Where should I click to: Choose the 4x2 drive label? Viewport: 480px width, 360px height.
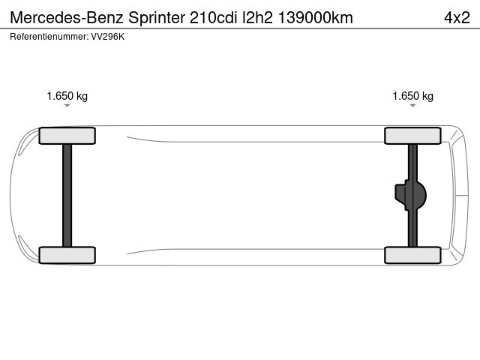coord(457,17)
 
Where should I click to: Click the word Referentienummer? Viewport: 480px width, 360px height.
coord(43,36)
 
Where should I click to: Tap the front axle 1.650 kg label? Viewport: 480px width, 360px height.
coord(67,96)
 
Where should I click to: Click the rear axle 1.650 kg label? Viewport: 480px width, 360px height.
coord(413,96)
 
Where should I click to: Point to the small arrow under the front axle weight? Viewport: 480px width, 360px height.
coord(67,106)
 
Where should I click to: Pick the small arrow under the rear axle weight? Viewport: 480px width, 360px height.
coord(413,106)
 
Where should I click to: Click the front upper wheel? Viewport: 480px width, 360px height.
coord(67,135)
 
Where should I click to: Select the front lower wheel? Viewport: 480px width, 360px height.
coord(67,255)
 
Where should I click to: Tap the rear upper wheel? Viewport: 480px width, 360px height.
coord(412,135)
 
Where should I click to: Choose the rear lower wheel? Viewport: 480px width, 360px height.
coord(412,255)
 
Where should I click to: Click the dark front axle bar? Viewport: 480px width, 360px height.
coord(67,195)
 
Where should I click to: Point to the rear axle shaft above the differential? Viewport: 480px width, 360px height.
coord(412,161)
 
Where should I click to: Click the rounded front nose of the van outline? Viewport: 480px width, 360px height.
coord(12,195)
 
